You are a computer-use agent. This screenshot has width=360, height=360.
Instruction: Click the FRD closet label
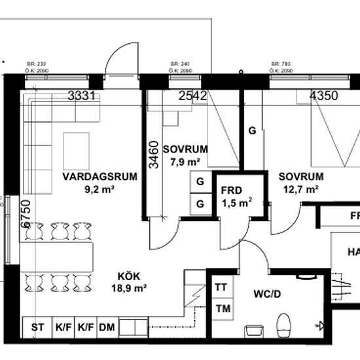(232, 191)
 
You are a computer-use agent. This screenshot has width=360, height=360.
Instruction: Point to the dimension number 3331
(82, 96)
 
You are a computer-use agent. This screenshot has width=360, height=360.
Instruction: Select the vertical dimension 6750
(26, 213)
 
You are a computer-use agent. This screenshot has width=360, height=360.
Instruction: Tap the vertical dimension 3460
(153, 154)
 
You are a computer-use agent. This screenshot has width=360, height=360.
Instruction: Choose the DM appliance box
(106, 327)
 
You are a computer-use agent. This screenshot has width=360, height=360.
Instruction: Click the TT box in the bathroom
(221, 287)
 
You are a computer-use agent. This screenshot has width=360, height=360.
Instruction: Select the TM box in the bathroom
(221, 308)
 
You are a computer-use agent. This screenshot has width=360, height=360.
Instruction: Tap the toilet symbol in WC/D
(283, 323)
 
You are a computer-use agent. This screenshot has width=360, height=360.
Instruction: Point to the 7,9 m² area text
(185, 162)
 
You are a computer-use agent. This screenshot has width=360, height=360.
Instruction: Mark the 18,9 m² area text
(128, 287)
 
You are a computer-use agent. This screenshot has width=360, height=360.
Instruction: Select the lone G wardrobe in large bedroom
(251, 130)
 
